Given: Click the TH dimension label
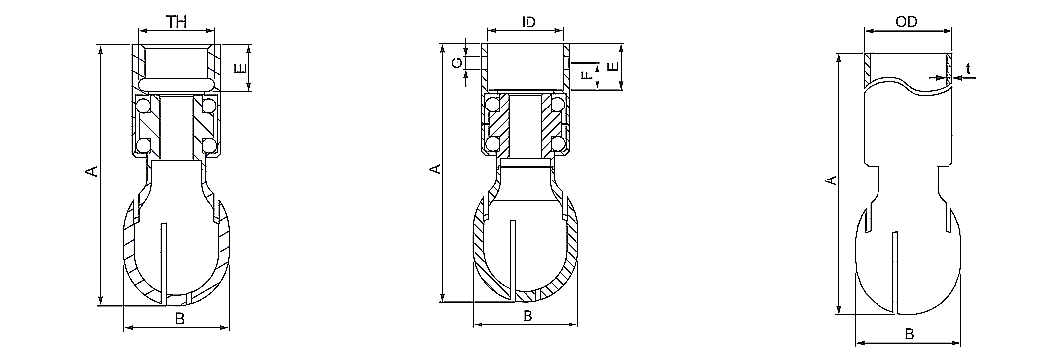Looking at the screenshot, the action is [x=176, y=21].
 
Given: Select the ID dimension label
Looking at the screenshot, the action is [x=529, y=22].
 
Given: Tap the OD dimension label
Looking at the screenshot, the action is [x=906, y=23].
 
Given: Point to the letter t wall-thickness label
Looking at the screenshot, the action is [x=968, y=69].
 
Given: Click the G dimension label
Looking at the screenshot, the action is [x=457, y=63].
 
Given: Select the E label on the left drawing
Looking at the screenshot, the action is [x=240, y=68].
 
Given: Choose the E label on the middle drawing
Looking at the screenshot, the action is [x=612, y=67].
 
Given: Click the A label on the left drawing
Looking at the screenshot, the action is [x=92, y=171].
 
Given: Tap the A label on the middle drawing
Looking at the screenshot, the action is [x=436, y=169].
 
